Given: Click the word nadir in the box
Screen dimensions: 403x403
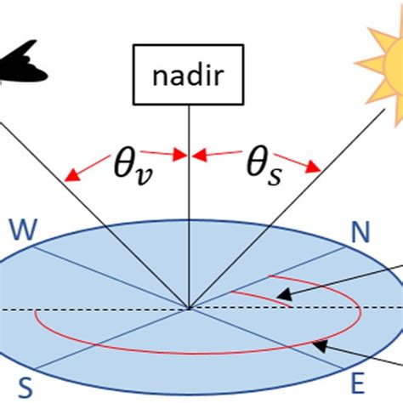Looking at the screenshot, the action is [189, 76].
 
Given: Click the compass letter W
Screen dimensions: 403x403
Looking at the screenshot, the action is [23, 230].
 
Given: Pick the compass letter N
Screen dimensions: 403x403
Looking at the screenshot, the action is [360, 232].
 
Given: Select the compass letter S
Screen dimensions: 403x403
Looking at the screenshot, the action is [26, 388].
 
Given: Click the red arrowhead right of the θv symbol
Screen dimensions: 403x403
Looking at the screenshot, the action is [180, 155].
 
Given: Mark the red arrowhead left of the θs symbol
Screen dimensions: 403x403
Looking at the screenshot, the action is [200, 156].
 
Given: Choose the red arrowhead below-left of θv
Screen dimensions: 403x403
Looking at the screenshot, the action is [71, 176].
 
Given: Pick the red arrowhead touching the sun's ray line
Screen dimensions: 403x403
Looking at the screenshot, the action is [314, 167].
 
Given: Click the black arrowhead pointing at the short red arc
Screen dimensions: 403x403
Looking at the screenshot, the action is [284, 294].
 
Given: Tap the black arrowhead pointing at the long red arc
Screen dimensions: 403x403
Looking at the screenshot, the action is [321, 346].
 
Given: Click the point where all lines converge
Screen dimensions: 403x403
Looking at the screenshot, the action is [189, 309].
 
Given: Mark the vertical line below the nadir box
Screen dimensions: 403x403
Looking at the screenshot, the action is [189, 207].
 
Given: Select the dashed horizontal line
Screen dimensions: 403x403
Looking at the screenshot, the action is [201, 309].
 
